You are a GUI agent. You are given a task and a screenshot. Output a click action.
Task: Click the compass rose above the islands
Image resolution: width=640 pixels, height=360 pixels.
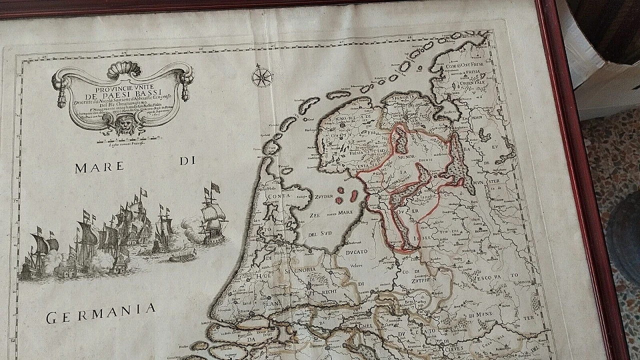[262, 76]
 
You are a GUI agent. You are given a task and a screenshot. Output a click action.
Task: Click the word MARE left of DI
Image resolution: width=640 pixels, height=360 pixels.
[99, 167]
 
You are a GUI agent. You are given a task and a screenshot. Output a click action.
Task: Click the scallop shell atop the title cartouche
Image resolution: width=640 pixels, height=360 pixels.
[124, 68]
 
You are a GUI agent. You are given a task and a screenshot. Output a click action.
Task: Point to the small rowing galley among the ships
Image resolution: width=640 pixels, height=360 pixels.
[182, 257]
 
